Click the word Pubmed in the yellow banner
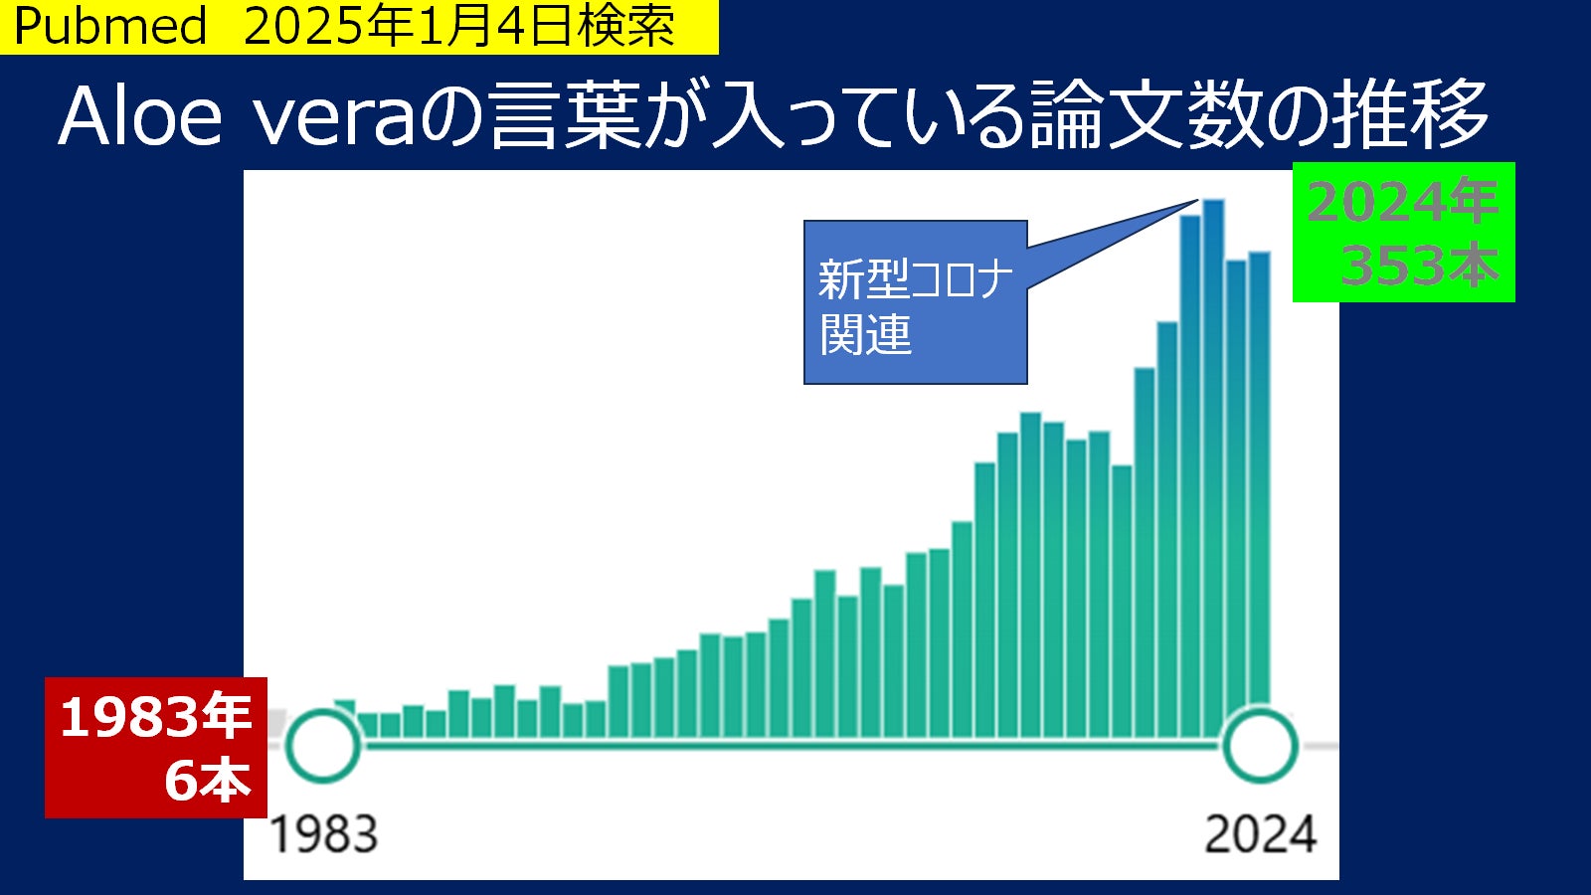point(109,26)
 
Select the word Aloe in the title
point(140,116)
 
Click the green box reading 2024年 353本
point(1403,232)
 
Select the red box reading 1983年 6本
point(155,747)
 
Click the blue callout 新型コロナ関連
point(915,302)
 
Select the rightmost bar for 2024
point(1259,477)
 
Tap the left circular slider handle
point(322,745)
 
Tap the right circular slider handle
point(1260,745)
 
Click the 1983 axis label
point(324,834)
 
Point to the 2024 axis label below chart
point(1260,834)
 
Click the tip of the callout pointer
point(1196,201)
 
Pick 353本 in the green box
point(1419,266)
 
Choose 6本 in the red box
point(207,780)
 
